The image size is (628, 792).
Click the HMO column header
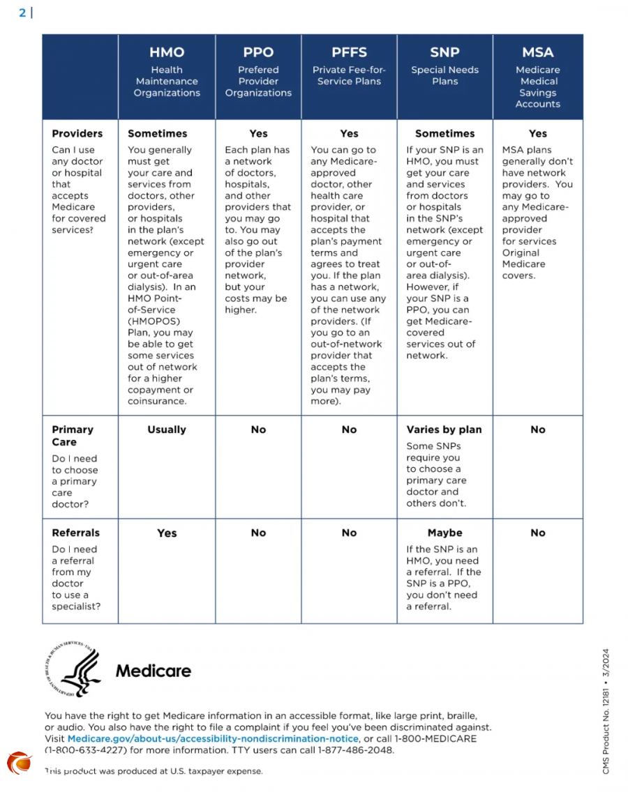[167, 53]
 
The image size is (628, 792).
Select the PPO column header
[258, 53]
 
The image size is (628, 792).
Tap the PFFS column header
[349, 53]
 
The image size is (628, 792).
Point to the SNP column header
[444, 53]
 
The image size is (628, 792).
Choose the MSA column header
[537, 53]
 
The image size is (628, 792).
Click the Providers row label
[77, 133]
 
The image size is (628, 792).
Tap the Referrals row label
[75, 533]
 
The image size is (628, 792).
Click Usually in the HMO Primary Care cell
[167, 429]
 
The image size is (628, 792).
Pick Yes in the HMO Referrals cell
[167, 533]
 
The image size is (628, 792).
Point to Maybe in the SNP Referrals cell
[444, 533]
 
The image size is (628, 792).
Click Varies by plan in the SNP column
[444, 429]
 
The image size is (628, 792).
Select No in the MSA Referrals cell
[537, 533]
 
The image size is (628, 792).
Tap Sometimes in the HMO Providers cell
[158, 133]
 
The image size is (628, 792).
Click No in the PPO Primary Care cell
[258, 429]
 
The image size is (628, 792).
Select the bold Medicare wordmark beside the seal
[153, 671]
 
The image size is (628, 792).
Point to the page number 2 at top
[22, 12]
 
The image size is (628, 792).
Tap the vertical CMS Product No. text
[606, 710]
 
